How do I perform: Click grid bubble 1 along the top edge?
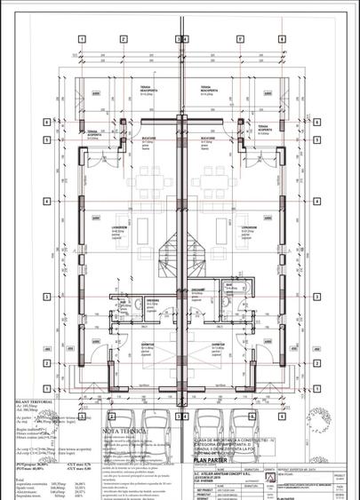[81, 39]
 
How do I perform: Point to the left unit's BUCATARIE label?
[148, 140]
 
